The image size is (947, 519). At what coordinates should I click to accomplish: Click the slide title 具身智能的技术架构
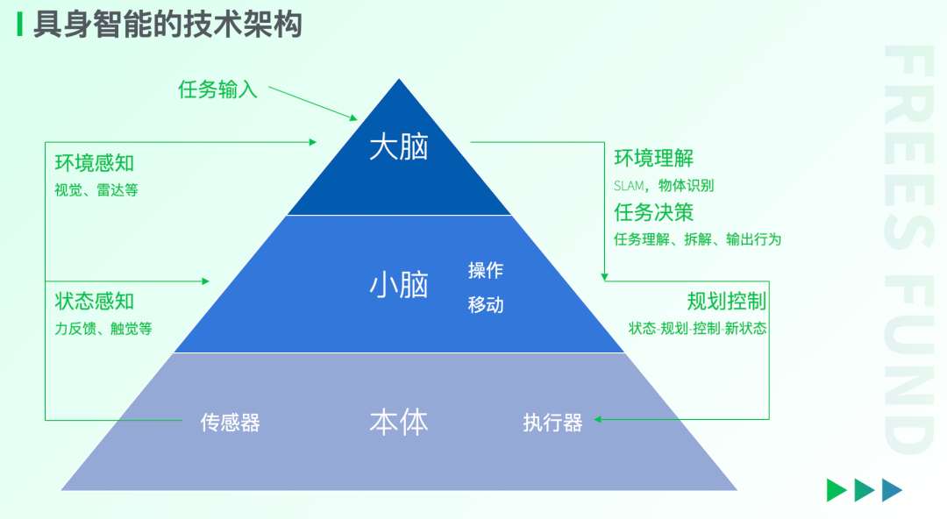point(167,24)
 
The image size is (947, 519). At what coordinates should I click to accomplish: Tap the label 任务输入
point(217,89)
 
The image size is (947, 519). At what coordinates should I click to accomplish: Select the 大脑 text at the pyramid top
point(399,147)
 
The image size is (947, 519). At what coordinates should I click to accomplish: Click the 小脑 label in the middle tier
point(399,285)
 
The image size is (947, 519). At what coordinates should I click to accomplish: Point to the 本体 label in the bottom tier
point(399,423)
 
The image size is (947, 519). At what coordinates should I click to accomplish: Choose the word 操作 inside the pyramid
point(486,270)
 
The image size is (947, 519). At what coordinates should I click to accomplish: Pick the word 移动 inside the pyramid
point(486,305)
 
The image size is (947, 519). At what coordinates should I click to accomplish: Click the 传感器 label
point(231,423)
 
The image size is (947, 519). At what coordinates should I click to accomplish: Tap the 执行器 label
point(552,423)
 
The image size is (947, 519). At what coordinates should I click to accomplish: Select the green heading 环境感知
point(95,163)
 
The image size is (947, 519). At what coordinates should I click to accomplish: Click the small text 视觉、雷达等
point(96,189)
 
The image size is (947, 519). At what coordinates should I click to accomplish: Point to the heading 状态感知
point(95,302)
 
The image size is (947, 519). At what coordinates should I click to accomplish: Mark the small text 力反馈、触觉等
point(103,329)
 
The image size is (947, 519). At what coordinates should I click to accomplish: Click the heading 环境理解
point(654,159)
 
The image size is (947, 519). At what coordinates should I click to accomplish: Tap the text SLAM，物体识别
point(664,186)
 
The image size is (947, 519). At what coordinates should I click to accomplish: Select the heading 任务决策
point(654,212)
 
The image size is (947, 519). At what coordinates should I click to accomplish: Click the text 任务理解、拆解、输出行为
point(697,239)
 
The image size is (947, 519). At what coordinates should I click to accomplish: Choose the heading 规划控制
point(727,302)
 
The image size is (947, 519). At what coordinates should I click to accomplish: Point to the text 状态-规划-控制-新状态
point(697,329)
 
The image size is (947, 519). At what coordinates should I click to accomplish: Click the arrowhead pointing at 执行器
point(599,419)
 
